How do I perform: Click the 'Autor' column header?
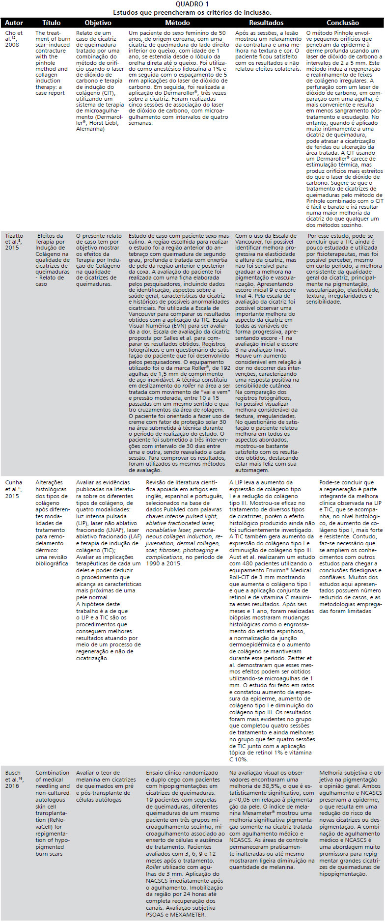tap(14, 23)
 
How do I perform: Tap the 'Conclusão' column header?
tap(343, 23)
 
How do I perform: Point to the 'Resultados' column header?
tap(266, 23)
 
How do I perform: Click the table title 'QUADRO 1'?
tap(192, 4)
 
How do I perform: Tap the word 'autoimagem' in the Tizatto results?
tap(252, 470)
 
